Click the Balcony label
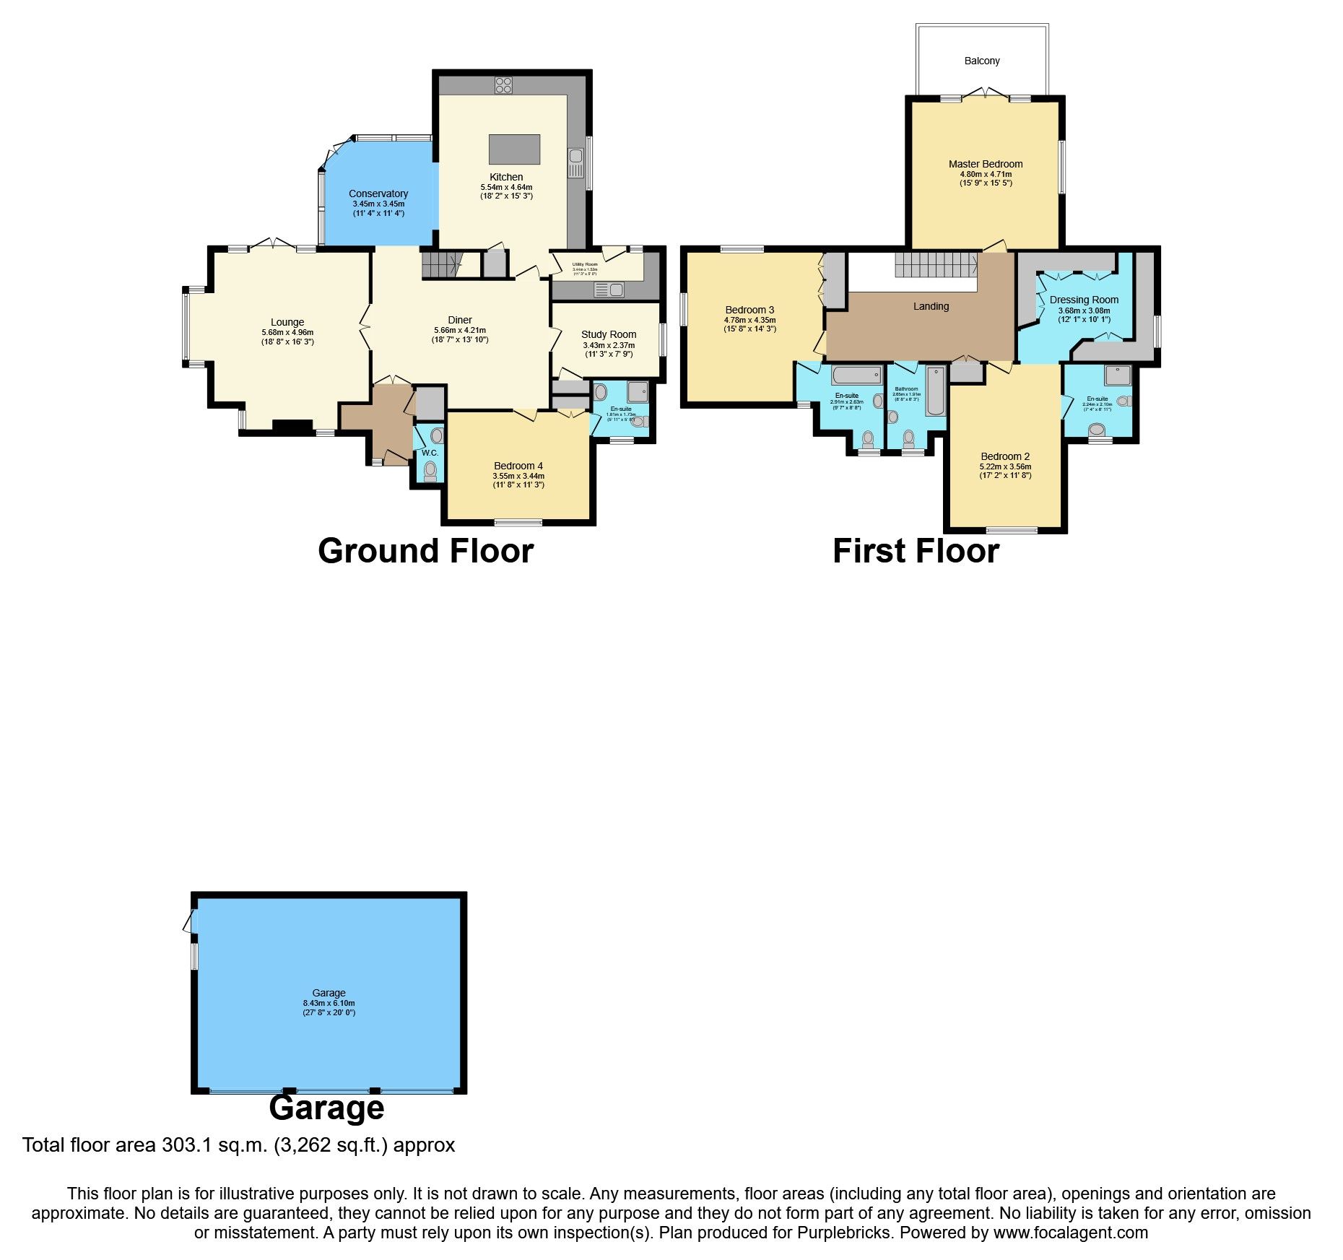point(981,61)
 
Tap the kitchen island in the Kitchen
point(514,149)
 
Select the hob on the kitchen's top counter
point(503,85)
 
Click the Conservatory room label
point(378,194)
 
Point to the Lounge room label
point(287,322)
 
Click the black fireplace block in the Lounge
point(292,427)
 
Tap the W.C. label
point(430,453)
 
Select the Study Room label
point(609,334)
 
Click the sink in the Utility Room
point(609,290)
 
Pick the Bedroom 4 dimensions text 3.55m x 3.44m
point(518,476)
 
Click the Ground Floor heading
point(425,551)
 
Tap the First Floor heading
point(916,551)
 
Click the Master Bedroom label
point(986,164)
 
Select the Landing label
point(931,306)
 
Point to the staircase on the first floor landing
point(936,264)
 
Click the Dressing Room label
point(1084,300)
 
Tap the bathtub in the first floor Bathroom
point(935,391)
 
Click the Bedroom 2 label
point(1005,456)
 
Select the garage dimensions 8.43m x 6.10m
point(329,1003)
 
